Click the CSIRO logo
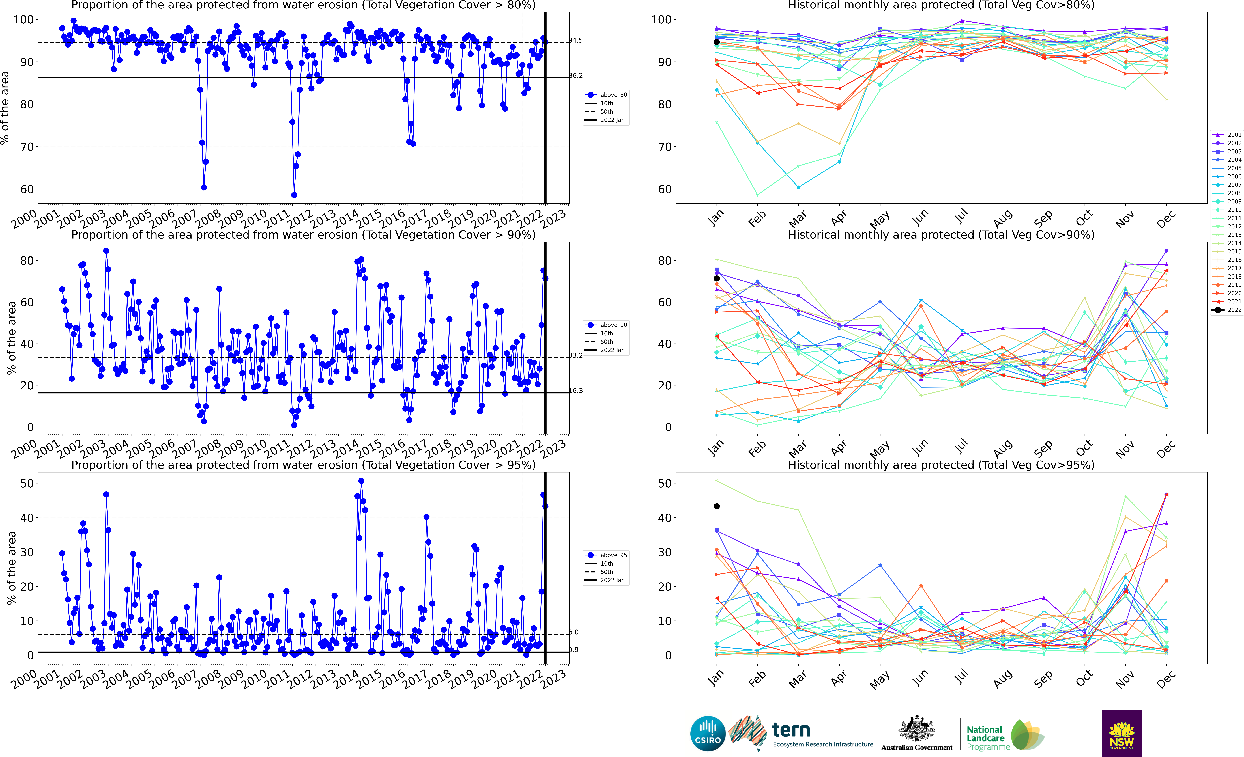[x=707, y=733]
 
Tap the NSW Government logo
[x=1121, y=733]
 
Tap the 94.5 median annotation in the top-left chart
[x=576, y=40]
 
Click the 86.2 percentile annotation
[x=576, y=76]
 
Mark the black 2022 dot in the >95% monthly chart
[x=716, y=506]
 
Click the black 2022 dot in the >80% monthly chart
[x=716, y=42]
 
